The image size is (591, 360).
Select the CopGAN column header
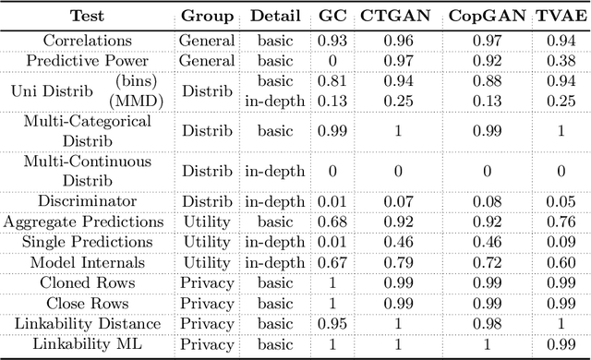pos(483,17)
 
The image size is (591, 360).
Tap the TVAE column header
pos(558,17)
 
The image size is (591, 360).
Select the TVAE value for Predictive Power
pos(558,61)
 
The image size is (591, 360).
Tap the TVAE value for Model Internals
pos(558,262)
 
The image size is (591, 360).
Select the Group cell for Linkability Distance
pos(206,323)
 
